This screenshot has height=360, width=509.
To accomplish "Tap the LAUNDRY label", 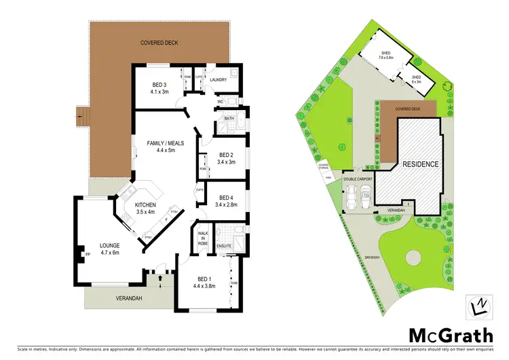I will point(218,79).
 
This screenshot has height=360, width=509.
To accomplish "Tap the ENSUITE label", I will point(225,246).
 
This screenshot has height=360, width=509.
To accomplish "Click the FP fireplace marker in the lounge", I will point(88,255).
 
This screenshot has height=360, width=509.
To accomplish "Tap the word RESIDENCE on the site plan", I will point(421,164).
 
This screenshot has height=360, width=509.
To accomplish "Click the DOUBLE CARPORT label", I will point(359,179).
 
